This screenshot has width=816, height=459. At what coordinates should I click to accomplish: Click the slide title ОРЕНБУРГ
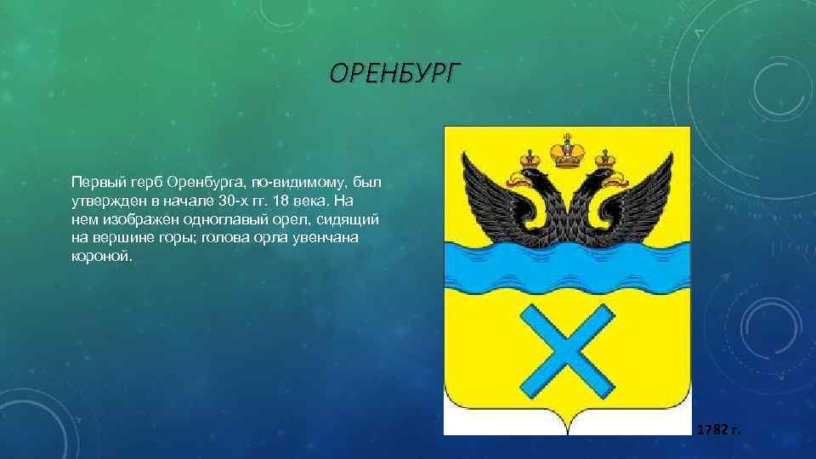coord(395,73)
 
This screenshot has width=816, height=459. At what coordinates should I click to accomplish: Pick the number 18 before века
coord(281,201)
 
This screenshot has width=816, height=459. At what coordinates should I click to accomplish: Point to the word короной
coord(102,257)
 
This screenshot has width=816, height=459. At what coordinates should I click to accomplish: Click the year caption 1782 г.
coord(718,429)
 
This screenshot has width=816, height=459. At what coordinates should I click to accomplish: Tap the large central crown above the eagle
coord(567,151)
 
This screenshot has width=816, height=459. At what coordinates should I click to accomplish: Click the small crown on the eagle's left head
coord(530,159)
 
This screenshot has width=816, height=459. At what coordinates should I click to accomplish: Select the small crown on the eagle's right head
coord(605,159)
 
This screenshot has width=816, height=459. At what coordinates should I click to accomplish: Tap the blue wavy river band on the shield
coord(567,269)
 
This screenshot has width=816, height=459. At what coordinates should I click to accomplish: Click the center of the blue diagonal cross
coord(567,351)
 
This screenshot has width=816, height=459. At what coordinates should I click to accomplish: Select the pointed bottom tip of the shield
coord(567,434)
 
